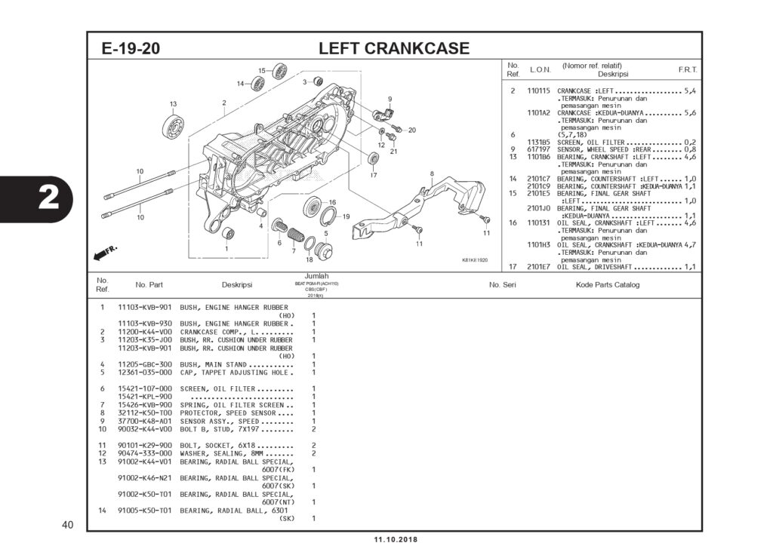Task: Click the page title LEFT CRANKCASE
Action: [x=393, y=49]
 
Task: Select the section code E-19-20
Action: [x=131, y=49]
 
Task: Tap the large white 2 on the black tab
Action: [x=48, y=198]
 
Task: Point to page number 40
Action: [x=67, y=525]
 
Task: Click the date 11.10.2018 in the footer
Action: [x=395, y=539]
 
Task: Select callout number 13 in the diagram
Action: [x=173, y=103]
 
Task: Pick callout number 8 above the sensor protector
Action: [x=432, y=174]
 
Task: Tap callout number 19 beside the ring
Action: [x=346, y=216]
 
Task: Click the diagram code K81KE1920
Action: [x=475, y=260]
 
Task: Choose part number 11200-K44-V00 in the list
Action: [x=145, y=332]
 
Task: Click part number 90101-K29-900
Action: [x=145, y=445]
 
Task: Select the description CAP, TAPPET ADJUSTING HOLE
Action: [x=236, y=372]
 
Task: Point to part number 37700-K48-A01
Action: [x=145, y=421]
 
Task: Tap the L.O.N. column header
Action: [x=540, y=69]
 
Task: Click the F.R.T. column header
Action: [x=687, y=69]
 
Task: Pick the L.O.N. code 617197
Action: [x=537, y=149]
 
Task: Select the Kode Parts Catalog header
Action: [x=607, y=285]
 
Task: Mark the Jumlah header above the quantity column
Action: [x=316, y=276]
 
